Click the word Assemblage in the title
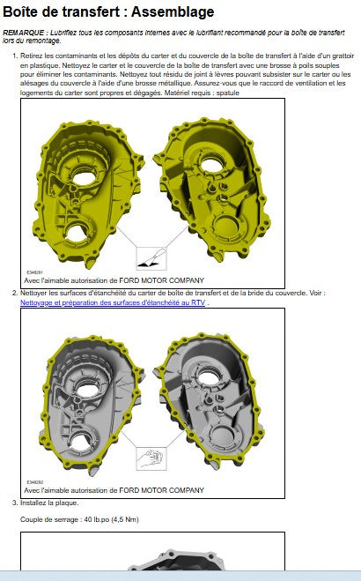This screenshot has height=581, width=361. [x=173, y=11]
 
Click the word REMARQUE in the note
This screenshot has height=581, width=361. [x=23, y=33]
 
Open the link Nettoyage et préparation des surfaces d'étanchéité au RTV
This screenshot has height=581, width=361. [x=113, y=302]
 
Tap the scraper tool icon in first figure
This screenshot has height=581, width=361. [x=151, y=258]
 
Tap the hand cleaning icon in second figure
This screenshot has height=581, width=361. [x=151, y=458]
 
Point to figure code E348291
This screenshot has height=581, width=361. [x=34, y=272]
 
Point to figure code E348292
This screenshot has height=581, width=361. [x=34, y=482]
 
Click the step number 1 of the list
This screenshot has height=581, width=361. [x=14, y=56]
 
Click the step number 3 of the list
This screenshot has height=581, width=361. [x=14, y=503]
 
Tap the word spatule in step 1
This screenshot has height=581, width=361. [x=228, y=93]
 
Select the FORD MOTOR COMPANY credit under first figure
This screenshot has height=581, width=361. [x=162, y=280]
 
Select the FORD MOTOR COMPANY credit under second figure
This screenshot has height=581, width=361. [x=162, y=490]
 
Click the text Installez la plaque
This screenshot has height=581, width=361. [x=49, y=503]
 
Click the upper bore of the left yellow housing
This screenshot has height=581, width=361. [x=85, y=178]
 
